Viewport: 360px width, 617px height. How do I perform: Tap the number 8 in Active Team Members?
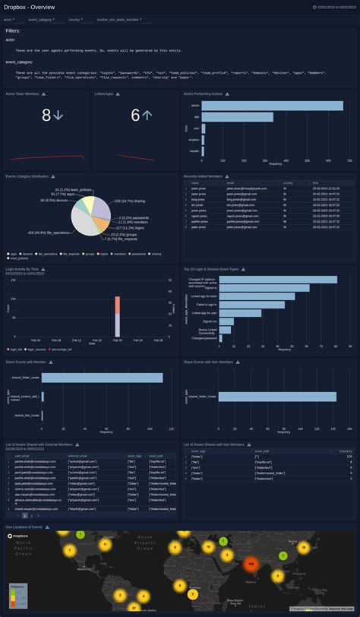(x=46, y=115)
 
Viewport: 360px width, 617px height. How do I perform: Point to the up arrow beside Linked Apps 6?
(x=147, y=115)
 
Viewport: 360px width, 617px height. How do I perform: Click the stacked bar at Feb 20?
(x=118, y=315)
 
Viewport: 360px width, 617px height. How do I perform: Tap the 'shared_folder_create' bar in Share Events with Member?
(x=103, y=378)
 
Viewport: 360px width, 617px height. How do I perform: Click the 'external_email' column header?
(x=80, y=457)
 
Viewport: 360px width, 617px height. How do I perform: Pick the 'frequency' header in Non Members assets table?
(x=346, y=451)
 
